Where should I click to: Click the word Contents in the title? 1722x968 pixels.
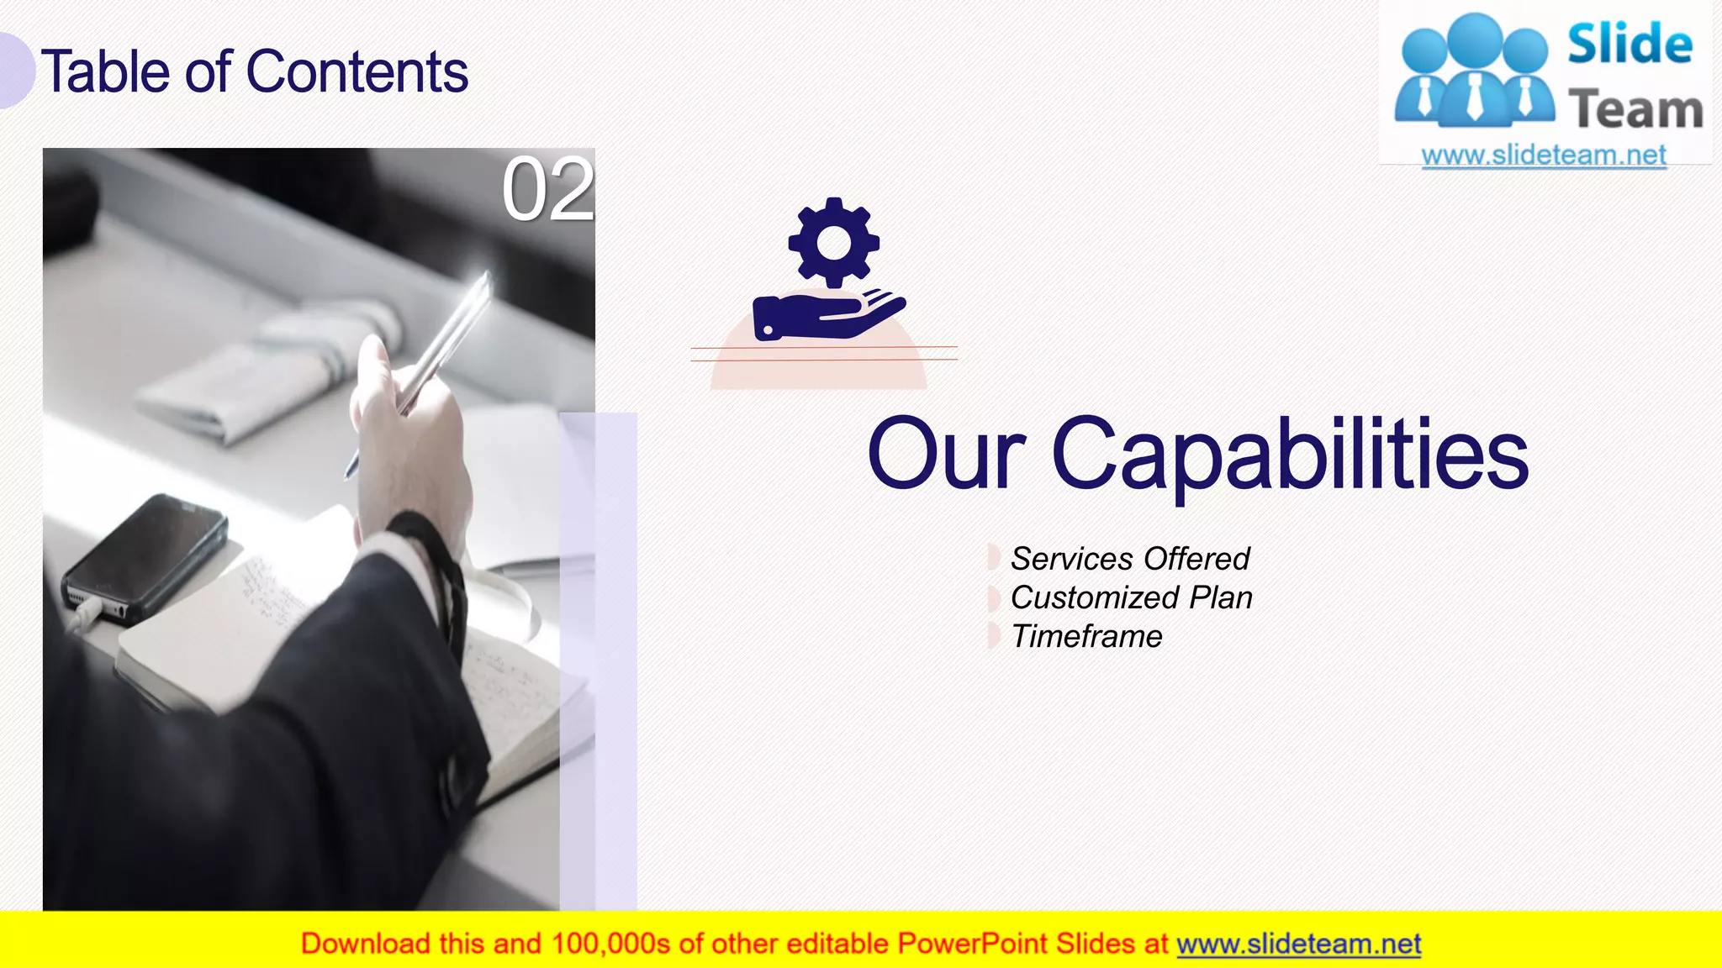coord(357,72)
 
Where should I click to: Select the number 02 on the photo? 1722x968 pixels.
coord(547,190)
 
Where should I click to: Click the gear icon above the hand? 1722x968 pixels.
coord(833,243)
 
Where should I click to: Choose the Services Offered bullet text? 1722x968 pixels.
coord(1130,559)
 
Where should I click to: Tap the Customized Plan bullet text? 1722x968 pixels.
coord(1131,597)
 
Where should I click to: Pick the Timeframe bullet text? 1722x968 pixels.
coord(1086,637)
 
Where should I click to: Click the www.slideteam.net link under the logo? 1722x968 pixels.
coord(1544,155)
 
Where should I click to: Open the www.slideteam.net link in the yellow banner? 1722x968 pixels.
coord(1298,944)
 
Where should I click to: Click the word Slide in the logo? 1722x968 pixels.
coord(1630,45)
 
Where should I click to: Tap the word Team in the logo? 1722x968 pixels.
coord(1635,110)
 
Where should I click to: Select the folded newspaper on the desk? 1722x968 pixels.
coord(269,370)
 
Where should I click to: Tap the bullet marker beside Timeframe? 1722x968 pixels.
coord(993,636)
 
